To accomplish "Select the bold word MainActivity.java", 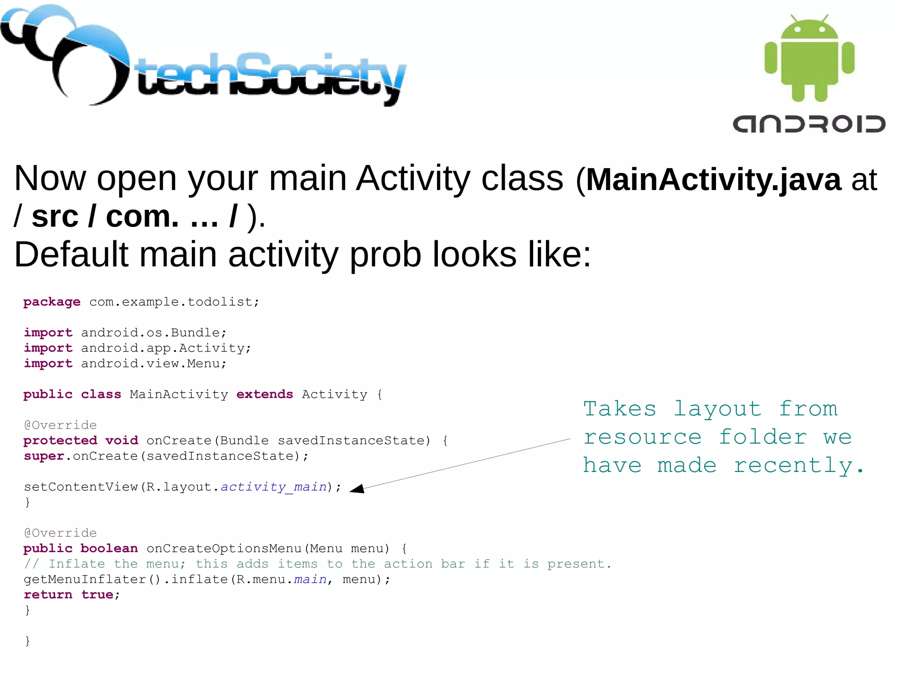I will (713, 180).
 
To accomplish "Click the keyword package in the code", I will (52, 302).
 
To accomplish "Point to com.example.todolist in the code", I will (174, 302).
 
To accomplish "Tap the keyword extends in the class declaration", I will (265, 394).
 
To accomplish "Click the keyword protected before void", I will (60, 441).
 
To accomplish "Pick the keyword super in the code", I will (44, 456).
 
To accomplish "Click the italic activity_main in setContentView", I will (273, 487).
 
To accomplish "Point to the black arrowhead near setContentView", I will (358, 488).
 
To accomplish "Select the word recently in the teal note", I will (798, 466).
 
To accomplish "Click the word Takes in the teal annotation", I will (619, 409).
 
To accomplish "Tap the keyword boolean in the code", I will (109, 549).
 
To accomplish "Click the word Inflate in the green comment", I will (77, 564).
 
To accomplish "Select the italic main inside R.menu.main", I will (310, 580).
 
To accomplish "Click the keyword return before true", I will (48, 595).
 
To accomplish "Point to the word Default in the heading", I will (71, 254).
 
